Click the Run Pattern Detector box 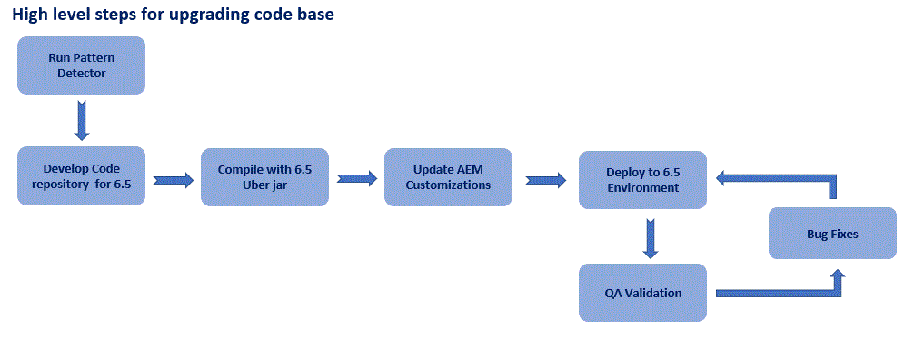click(x=81, y=65)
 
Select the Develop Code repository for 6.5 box click(x=81, y=175)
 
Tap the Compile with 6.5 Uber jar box click(x=264, y=176)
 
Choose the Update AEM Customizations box click(x=448, y=176)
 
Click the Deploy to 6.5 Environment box click(x=642, y=180)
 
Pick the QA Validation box click(x=642, y=293)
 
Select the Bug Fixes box click(x=831, y=234)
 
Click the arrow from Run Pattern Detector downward click(x=82, y=120)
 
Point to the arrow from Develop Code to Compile click(x=174, y=180)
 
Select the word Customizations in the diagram click(x=448, y=185)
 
